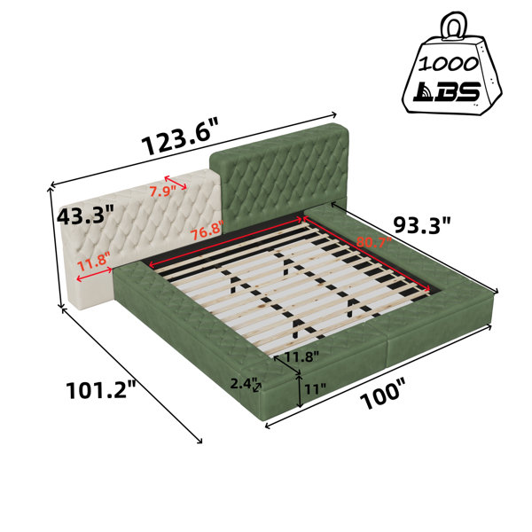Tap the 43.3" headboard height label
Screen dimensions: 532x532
pyautogui.click(x=85, y=215)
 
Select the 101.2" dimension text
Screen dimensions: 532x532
pyautogui.click(x=100, y=390)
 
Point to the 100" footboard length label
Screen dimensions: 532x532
pyautogui.click(x=382, y=395)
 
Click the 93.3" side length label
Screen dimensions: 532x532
pyautogui.click(x=422, y=224)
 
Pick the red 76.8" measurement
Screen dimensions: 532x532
pyautogui.click(x=207, y=231)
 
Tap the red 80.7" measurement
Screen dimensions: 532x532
pyautogui.click(x=373, y=242)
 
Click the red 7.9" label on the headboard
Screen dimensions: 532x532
pyautogui.click(x=162, y=192)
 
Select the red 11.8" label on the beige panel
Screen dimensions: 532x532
pyautogui.click(x=94, y=261)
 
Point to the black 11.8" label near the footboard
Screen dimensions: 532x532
pyautogui.click(x=301, y=357)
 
